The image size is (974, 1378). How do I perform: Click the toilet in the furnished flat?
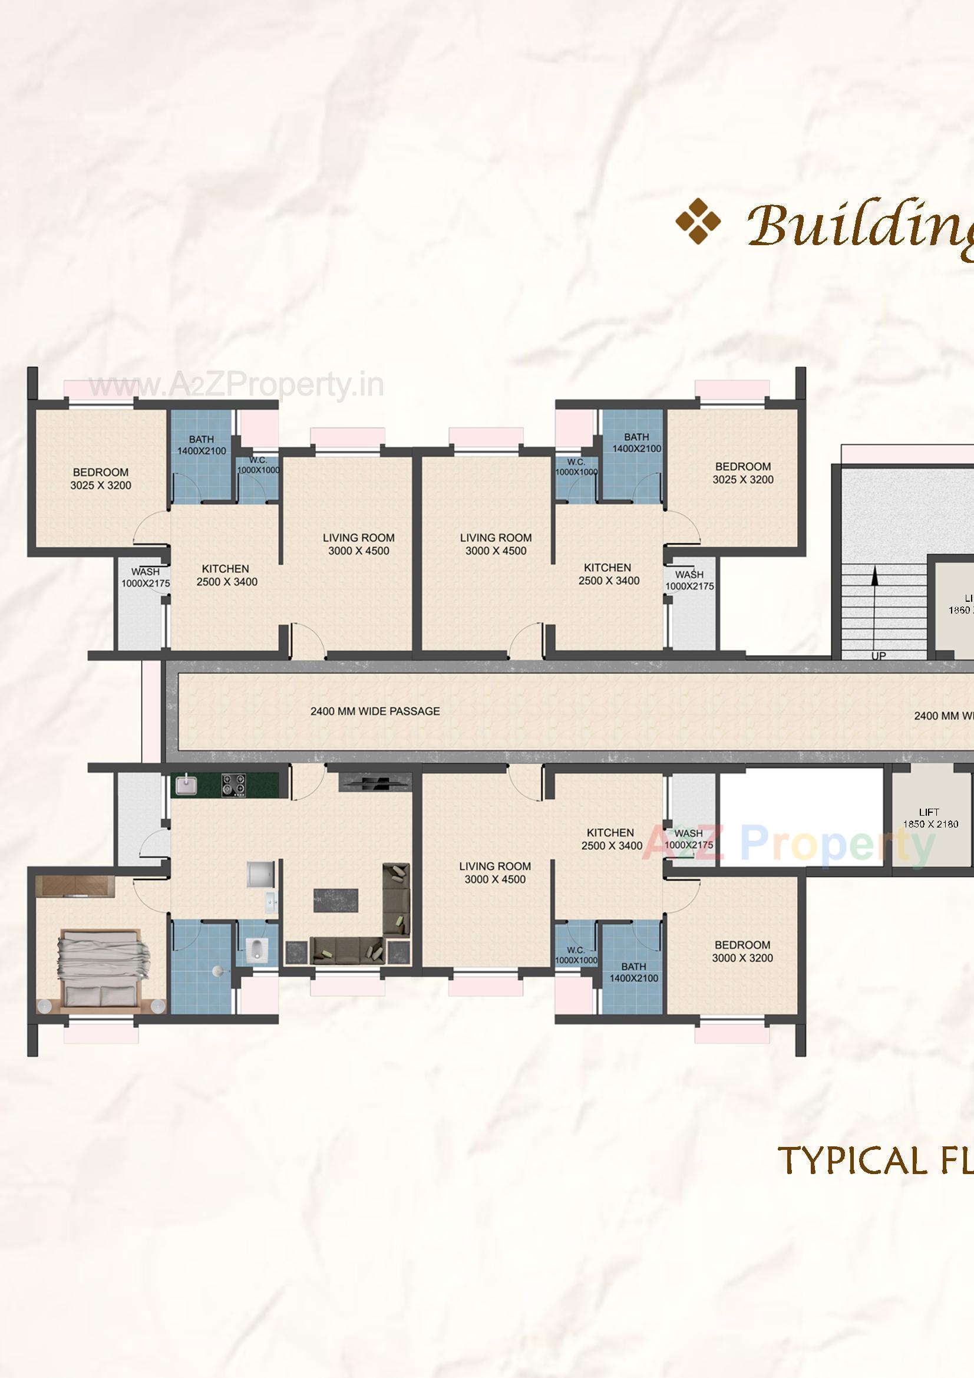256,950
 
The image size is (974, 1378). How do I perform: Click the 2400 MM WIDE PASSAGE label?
375,711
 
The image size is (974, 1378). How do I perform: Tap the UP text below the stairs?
878,656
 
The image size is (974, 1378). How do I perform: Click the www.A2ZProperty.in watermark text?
236,387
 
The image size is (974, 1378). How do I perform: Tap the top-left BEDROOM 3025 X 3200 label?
100,479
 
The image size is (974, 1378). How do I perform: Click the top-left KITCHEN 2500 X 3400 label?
226,575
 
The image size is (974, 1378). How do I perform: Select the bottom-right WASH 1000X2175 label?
688,839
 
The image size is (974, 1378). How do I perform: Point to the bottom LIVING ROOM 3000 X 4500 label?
495,873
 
